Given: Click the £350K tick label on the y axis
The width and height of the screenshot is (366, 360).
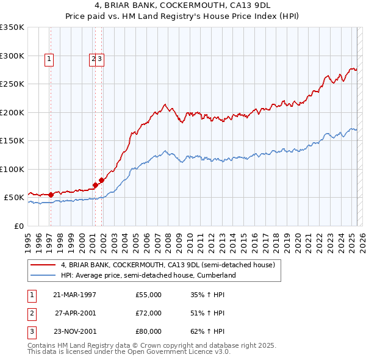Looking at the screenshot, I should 12,27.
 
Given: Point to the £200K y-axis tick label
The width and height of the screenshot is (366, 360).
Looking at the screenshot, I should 12,112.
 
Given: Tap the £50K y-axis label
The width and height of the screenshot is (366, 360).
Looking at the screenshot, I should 14,198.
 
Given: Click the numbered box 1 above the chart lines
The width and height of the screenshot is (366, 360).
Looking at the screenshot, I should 49,59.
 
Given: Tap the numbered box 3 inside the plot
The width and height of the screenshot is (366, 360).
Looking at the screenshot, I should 101,59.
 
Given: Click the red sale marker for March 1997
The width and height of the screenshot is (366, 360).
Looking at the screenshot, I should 51,195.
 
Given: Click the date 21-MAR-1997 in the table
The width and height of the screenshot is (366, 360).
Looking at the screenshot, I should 74,295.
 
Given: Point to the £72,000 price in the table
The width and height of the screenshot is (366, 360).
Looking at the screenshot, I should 149,313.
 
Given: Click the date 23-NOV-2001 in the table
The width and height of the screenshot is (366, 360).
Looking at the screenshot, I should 74,331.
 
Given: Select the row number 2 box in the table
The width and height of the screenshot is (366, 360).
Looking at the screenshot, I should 30,313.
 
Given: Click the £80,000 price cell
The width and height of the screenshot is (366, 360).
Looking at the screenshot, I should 149,331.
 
